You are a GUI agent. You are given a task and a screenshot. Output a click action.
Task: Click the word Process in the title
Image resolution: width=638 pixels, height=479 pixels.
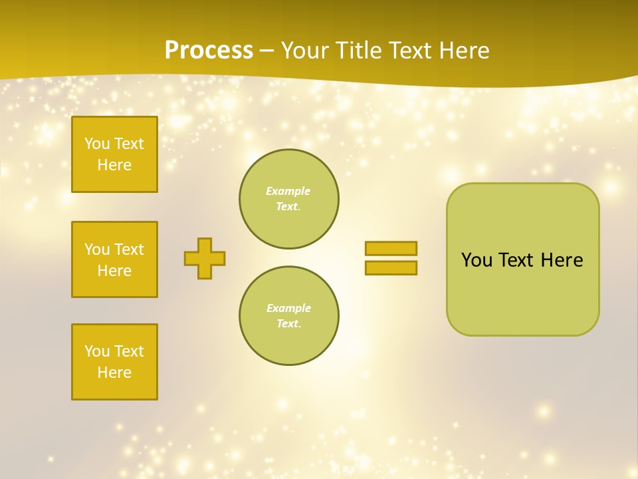(209, 51)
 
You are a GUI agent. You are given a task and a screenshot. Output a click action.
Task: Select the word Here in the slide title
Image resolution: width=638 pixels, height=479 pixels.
(463, 51)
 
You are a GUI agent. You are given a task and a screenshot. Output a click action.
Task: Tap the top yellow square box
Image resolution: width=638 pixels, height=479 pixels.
(114, 154)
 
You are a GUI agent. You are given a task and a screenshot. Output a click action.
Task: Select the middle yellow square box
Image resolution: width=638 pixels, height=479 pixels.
(114, 259)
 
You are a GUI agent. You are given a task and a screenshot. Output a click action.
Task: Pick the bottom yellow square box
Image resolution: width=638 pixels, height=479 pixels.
(114, 362)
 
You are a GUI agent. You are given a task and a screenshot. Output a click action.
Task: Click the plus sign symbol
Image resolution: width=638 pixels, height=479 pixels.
(205, 258)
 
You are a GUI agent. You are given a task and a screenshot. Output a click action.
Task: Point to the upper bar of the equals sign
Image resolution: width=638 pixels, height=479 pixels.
(391, 248)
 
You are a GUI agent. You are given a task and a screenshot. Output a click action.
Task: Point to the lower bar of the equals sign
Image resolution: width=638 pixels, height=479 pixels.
(391, 267)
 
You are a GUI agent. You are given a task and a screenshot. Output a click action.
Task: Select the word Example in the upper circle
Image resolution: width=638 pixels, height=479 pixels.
(288, 191)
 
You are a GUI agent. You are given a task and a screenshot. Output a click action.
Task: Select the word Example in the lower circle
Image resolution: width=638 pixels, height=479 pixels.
(288, 308)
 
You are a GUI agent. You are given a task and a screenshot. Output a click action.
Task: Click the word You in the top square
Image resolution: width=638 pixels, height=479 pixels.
(97, 144)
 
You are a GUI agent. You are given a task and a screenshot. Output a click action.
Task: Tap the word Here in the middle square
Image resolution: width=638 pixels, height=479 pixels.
(114, 271)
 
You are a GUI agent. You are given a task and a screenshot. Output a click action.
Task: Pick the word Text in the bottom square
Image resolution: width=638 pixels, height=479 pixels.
(129, 351)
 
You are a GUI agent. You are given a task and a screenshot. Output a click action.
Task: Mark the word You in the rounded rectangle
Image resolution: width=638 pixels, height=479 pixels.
(477, 260)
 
